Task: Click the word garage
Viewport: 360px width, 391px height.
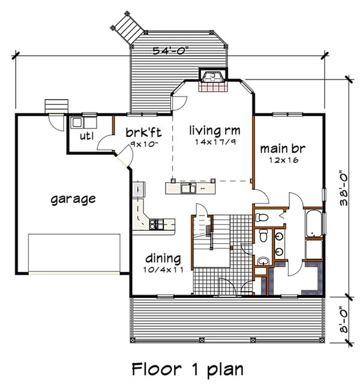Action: pos(73,198)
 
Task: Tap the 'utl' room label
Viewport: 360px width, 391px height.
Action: pos(87,136)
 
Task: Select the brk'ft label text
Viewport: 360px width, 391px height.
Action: pos(142,133)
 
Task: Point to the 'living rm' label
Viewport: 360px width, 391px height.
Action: pos(211,130)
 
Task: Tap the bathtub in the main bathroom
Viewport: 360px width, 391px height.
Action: pos(314,223)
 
